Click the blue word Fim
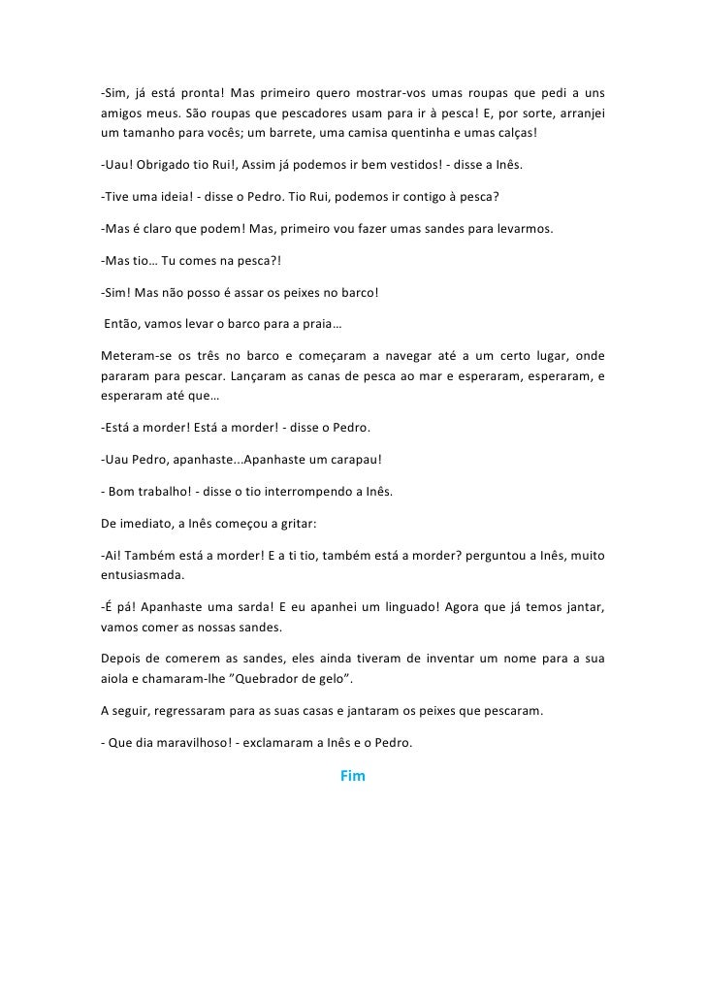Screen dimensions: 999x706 pyautogui.click(x=352, y=777)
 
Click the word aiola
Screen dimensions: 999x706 pyautogui.click(x=115, y=677)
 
